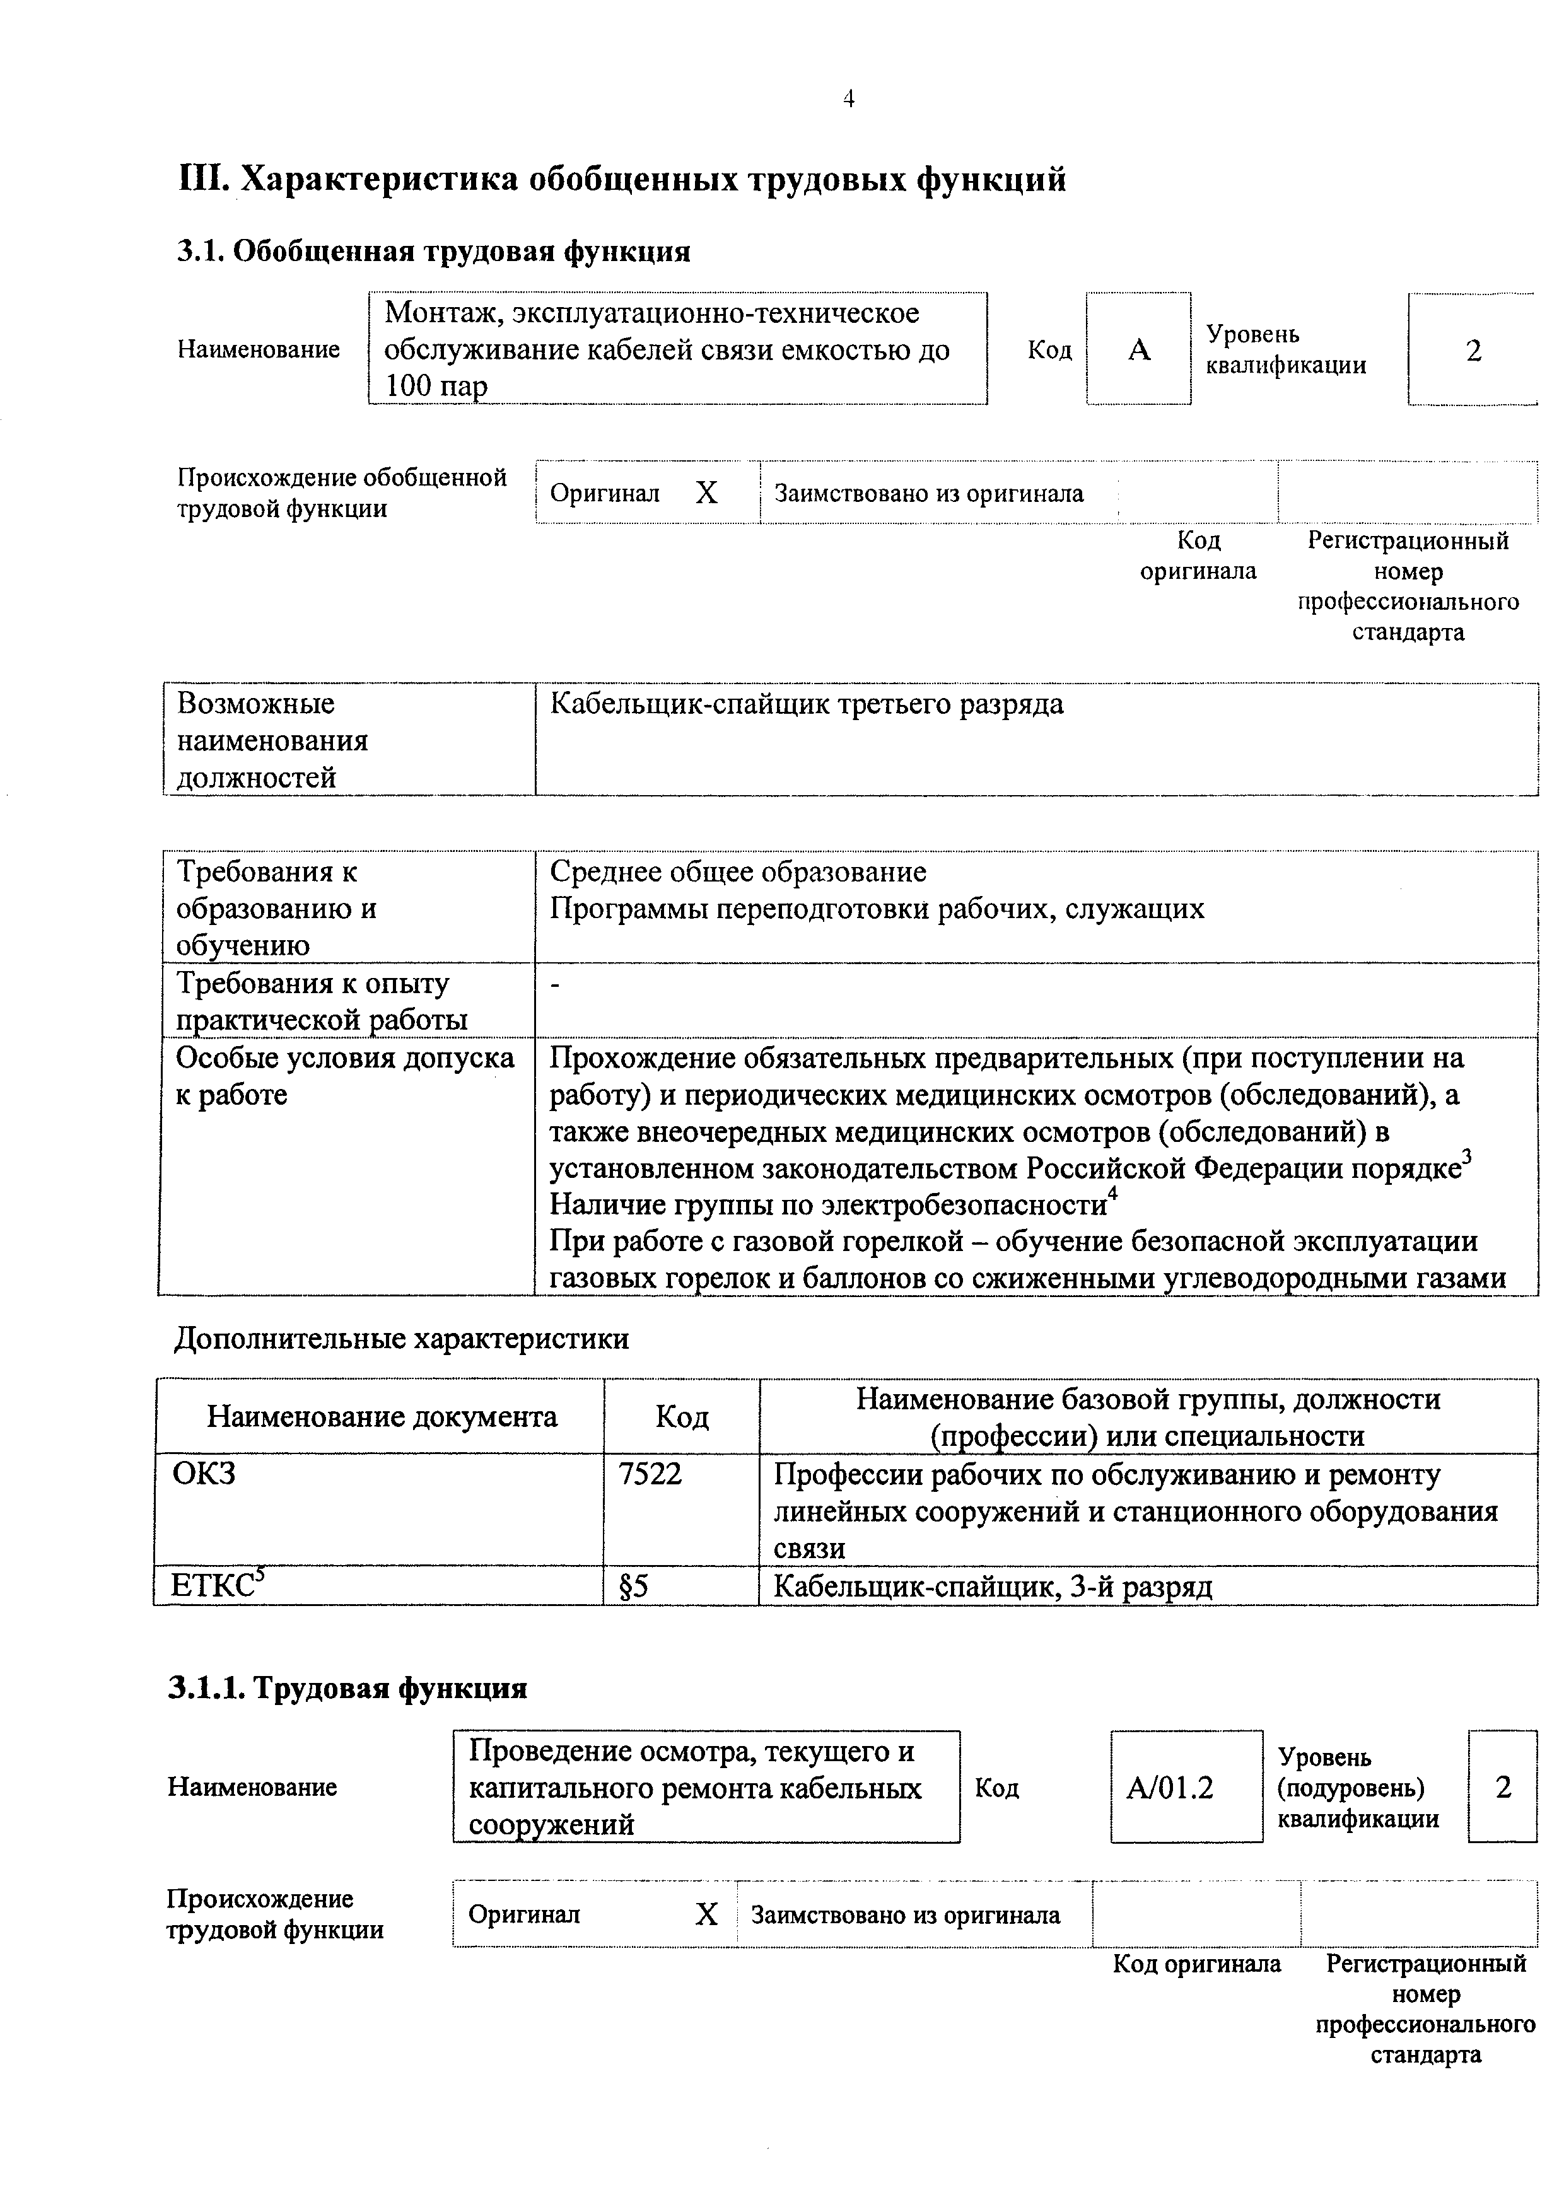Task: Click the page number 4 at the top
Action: (848, 98)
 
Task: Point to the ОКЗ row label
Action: (203, 1474)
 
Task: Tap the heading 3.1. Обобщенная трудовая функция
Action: (434, 252)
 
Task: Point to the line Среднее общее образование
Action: (737, 872)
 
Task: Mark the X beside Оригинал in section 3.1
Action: (706, 493)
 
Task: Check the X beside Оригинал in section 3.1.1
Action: (706, 1914)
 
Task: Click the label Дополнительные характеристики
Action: (401, 1338)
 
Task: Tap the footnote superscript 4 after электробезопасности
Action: (1112, 1195)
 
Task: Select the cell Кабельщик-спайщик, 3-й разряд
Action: (993, 1586)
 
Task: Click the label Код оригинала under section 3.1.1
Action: (1197, 1964)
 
